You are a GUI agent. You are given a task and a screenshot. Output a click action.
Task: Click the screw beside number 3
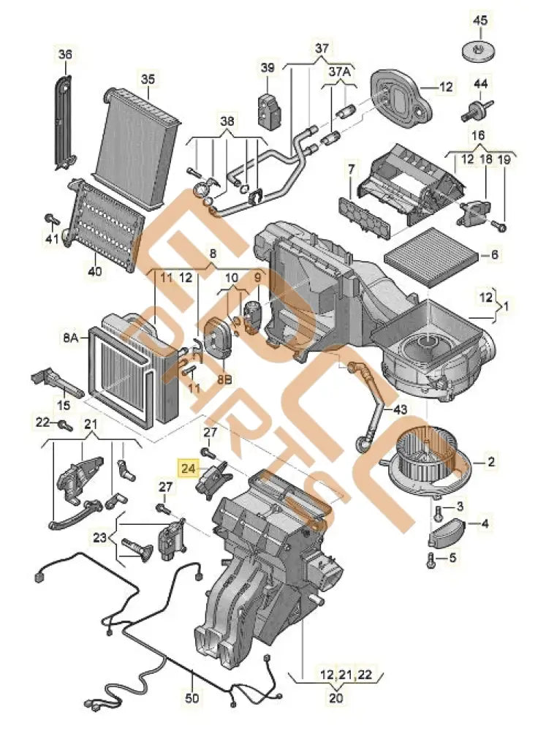point(438,509)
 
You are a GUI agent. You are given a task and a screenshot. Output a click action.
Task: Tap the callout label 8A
point(70,338)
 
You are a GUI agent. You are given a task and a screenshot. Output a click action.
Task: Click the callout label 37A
point(339,73)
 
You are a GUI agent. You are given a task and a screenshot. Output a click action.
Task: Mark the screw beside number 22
point(66,424)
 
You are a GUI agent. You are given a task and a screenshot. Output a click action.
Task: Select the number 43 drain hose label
point(400,411)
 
